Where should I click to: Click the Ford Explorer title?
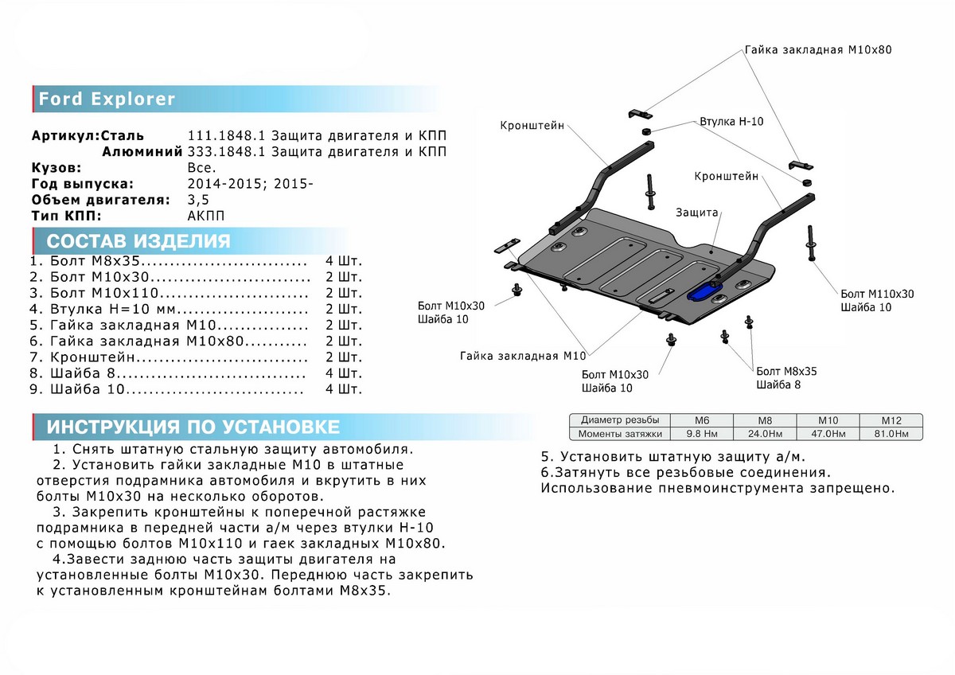click(x=107, y=100)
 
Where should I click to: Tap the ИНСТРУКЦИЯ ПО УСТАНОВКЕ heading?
click(x=193, y=427)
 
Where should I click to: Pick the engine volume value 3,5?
click(x=198, y=200)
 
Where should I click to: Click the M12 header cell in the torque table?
click(x=890, y=420)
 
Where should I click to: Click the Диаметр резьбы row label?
click(x=620, y=420)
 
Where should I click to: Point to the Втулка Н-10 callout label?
click(x=731, y=123)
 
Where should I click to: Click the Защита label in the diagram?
click(x=697, y=213)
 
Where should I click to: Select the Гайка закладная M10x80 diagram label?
click(x=818, y=49)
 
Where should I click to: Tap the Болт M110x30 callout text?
click(x=877, y=294)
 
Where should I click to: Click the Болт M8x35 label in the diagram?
click(x=786, y=371)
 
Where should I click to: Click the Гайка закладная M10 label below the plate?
click(x=522, y=355)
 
